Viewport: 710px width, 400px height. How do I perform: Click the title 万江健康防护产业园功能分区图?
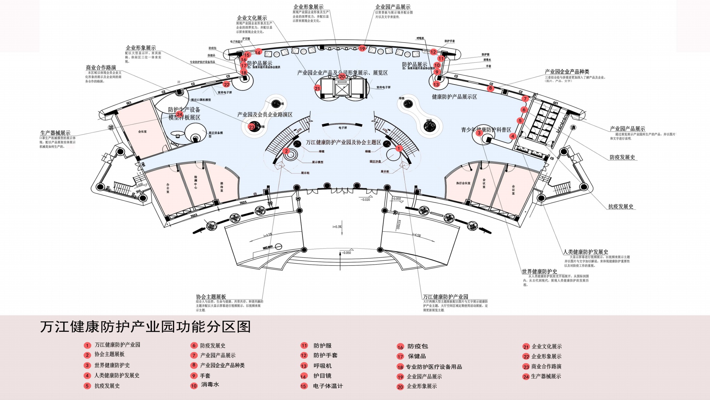145,327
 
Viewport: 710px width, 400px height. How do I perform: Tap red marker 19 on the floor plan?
362,48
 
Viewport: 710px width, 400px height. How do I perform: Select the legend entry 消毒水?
210,385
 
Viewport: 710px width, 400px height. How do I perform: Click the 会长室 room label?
142,131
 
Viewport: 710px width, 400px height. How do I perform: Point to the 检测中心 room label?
196,182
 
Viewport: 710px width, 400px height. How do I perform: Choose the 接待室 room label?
222,187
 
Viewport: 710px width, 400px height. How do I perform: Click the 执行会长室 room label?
463,183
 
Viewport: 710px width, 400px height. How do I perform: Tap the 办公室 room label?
168,188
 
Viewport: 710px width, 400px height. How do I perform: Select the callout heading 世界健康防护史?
539,271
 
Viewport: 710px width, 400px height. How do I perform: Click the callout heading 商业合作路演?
101,67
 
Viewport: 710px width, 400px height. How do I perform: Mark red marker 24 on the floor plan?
180,114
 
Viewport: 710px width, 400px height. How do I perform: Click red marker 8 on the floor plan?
490,88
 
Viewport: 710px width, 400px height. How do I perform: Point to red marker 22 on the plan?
227,85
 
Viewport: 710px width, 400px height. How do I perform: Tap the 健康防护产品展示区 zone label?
454,97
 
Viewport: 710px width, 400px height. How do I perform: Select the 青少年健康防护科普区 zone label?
486,130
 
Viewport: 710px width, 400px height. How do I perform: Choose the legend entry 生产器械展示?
546,376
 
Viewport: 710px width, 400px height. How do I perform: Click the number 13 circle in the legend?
304,366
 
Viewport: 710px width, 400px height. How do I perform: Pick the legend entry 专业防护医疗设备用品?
434,367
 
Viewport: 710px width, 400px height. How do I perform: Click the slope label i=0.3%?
337,227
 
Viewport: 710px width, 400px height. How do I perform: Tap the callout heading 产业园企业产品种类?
567,72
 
